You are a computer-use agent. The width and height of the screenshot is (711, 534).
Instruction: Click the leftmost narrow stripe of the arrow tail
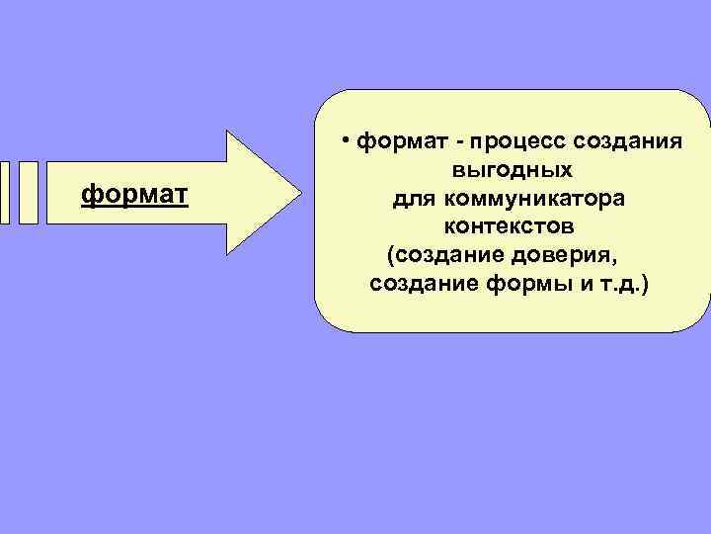(4, 192)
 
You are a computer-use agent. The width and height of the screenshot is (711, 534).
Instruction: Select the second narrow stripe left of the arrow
(29, 192)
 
